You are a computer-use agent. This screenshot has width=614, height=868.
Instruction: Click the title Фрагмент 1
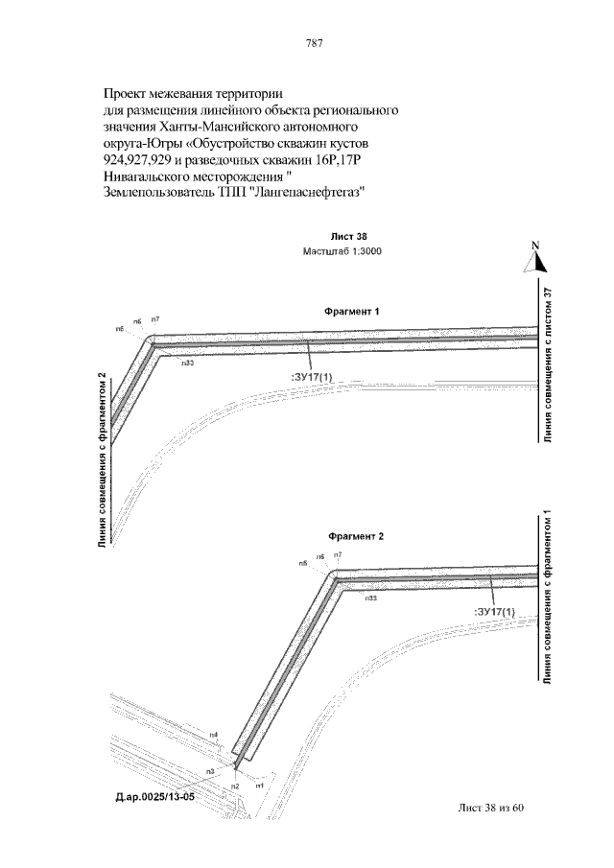[x=352, y=312]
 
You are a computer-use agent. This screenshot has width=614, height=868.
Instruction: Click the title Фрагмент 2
[x=355, y=537]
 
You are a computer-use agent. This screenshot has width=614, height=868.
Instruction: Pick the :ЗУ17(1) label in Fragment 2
[x=495, y=611]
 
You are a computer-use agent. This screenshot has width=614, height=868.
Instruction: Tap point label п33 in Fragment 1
[x=188, y=364]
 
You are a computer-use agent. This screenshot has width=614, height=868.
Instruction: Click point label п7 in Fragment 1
[x=154, y=317]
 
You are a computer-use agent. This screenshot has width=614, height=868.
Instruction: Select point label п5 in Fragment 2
[x=302, y=564]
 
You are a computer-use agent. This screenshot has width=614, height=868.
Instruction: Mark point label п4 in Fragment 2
[x=214, y=736]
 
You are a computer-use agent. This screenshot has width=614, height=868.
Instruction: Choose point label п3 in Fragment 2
[x=209, y=771]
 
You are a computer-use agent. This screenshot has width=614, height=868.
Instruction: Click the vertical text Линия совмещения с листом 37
[x=548, y=365]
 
